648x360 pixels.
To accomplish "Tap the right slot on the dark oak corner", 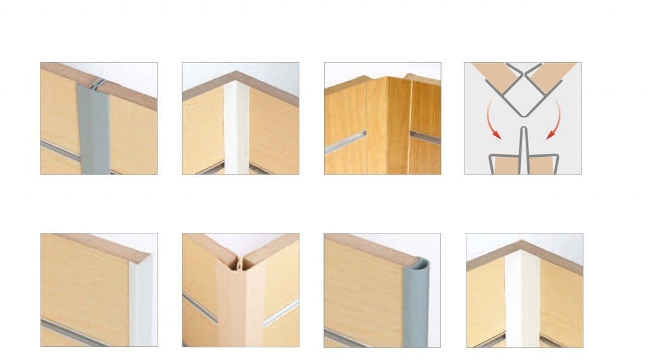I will click(425, 137).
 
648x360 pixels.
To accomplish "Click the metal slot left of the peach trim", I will click(199, 307).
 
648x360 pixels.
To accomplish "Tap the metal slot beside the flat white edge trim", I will click(82, 332).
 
